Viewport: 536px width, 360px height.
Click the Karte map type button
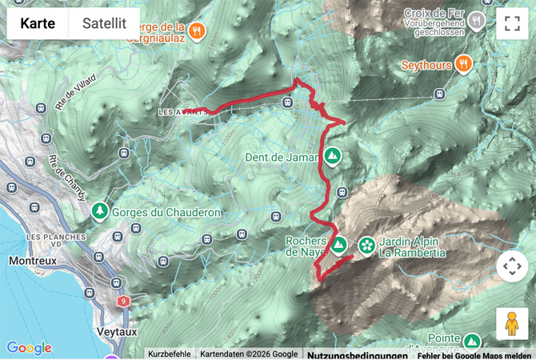pos(38,23)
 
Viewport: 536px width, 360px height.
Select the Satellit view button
pos(104,23)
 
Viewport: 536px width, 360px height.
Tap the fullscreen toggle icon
pos(512,23)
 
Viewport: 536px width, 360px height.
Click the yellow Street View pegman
pos(512,323)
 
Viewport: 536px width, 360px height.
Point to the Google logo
pos(29,348)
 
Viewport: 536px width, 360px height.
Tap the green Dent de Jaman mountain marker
pos(331,156)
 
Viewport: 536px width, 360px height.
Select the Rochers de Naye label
pos(305,246)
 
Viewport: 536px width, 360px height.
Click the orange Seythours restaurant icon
pos(463,63)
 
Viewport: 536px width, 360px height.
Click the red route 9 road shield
pos(122,301)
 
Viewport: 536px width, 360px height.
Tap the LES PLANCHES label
pos(56,238)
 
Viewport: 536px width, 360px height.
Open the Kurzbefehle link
pos(170,354)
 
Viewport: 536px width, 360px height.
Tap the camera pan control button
pos(512,266)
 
